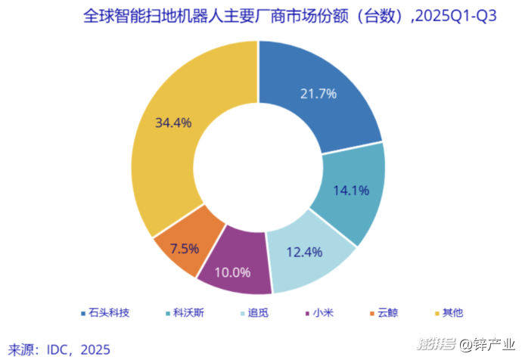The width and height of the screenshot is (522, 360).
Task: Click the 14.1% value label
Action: pyautogui.click(x=350, y=191)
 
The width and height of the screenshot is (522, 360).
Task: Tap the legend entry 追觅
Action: pyautogui.click(x=258, y=312)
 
